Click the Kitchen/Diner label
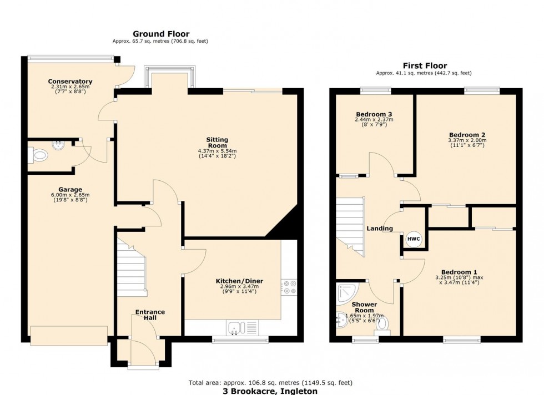pos(239,281)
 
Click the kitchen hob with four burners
pos(289,287)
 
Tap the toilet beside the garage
pos(38,155)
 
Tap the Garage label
pos(72,189)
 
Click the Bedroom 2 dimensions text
pos(467,144)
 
